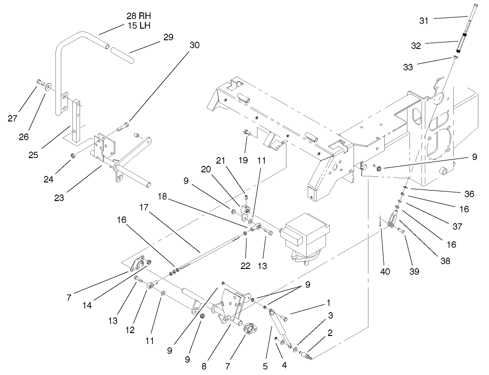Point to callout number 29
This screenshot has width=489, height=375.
click(168, 37)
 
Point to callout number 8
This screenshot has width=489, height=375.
click(204, 366)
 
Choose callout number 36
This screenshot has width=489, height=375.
click(468, 194)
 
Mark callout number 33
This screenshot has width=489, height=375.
click(407, 67)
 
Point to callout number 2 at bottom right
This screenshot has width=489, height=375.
click(330, 333)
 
